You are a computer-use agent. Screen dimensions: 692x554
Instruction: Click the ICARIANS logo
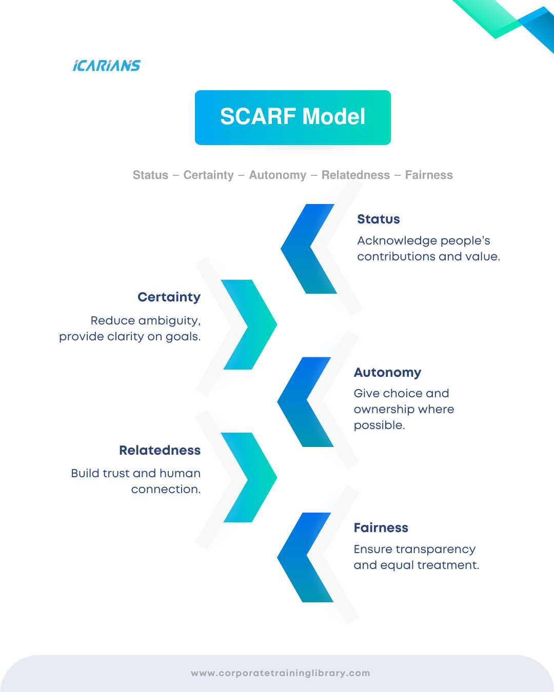coord(106,66)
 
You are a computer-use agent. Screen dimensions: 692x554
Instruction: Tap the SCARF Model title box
coord(292,117)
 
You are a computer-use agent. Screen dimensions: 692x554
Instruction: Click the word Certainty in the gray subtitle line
coord(208,175)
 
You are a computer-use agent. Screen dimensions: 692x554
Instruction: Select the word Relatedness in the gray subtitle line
coord(355,175)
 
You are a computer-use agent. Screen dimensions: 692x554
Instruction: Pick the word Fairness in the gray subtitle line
coord(429,175)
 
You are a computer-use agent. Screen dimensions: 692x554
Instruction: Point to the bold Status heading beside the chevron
coord(378,219)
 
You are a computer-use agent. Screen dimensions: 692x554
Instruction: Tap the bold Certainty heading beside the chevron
coord(169,297)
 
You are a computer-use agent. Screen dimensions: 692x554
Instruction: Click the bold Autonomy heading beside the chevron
coord(387,373)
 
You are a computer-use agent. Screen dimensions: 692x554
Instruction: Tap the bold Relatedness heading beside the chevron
coord(160,451)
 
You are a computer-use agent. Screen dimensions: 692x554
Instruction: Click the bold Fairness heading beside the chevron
coord(381,528)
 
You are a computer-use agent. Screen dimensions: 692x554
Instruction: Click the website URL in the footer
coord(280,673)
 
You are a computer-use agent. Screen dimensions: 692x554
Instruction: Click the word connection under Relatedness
coord(166,490)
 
